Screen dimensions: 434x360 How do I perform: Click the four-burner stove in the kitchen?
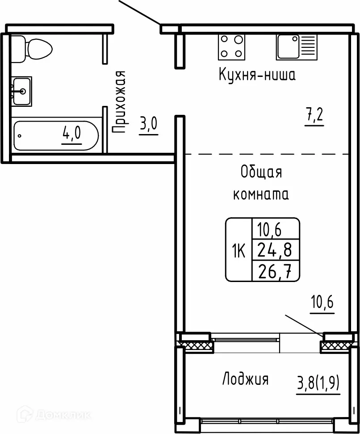pyautogui.click(x=232, y=47)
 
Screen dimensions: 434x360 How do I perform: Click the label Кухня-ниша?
pyautogui.click(x=257, y=74)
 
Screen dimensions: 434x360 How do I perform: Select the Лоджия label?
pyautogui.click(x=245, y=379)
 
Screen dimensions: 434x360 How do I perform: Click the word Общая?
pyautogui.click(x=261, y=173)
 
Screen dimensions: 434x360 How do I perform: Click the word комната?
pyautogui.click(x=261, y=194)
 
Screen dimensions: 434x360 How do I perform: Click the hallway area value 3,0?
pyautogui.click(x=148, y=124)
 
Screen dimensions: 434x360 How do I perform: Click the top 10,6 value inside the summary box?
pyautogui.click(x=271, y=229)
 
